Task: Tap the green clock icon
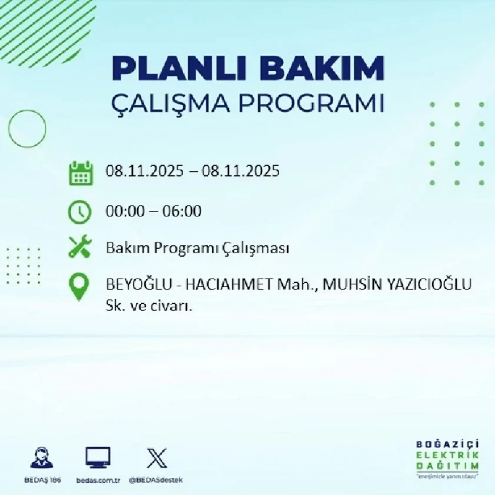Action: (x=79, y=212)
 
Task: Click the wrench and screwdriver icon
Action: (x=80, y=247)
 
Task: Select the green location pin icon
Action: (x=79, y=287)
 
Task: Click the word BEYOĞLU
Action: (x=139, y=284)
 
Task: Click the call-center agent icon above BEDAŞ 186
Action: (x=42, y=458)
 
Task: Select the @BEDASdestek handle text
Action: (x=156, y=480)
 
